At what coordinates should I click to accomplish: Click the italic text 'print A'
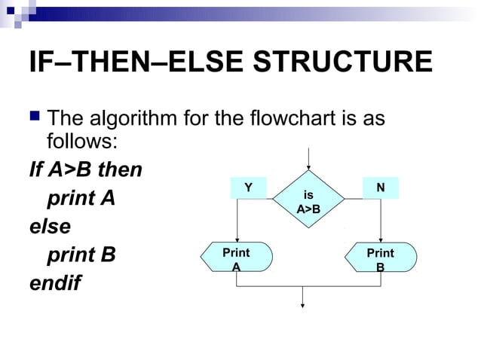[x=81, y=200]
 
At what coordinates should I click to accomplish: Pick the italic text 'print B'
[x=81, y=255]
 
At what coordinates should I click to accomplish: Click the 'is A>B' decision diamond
[x=308, y=201]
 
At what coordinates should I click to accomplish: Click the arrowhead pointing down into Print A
[x=237, y=239]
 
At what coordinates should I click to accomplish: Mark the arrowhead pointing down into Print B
[x=381, y=239]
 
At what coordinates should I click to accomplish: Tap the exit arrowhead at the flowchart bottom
[x=303, y=305]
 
